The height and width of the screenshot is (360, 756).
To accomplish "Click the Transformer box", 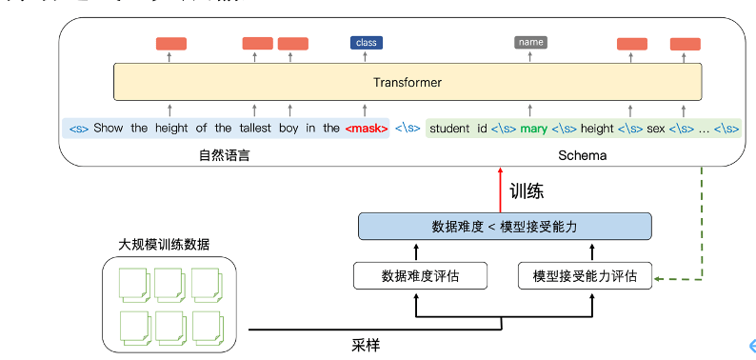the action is click(407, 82).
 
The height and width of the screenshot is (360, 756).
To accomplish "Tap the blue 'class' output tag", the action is click(366, 43).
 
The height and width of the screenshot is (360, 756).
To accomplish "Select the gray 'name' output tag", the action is click(530, 42).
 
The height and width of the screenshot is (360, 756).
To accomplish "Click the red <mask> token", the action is click(367, 128).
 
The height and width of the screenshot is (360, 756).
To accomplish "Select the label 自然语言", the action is click(224, 154).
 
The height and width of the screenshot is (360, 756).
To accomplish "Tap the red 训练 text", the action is click(527, 190).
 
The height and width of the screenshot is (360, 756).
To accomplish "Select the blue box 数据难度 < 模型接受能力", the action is click(505, 227).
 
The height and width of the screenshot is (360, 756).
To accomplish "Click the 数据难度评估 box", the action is click(420, 276).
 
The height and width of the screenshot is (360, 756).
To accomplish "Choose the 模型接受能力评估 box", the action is click(585, 276).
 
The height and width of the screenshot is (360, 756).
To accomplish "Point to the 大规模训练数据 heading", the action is click(165, 245).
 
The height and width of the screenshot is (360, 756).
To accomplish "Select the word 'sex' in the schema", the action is click(656, 128).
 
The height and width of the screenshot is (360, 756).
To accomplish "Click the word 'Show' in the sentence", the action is click(109, 128).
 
